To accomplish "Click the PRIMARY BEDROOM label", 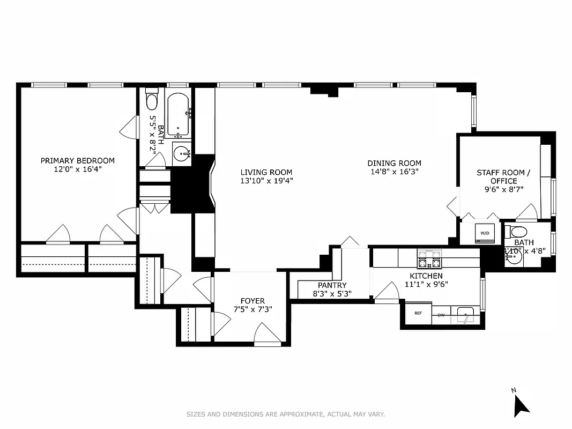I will pyautogui.click(x=78, y=160).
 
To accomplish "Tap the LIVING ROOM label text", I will pyautogui.click(x=266, y=172).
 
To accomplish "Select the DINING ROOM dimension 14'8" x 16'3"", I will pyautogui.click(x=394, y=172).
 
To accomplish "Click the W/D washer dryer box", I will pyautogui.click(x=485, y=233).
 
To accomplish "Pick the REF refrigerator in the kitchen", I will pyautogui.click(x=418, y=314).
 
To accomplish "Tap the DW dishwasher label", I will pyautogui.click(x=441, y=315).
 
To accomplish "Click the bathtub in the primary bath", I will pyautogui.click(x=177, y=115).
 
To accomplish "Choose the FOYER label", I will pyautogui.click(x=252, y=301).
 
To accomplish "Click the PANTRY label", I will pyautogui.click(x=332, y=285).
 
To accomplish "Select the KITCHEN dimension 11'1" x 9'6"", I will pyautogui.click(x=426, y=284).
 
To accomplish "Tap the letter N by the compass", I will pyautogui.click(x=513, y=390).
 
